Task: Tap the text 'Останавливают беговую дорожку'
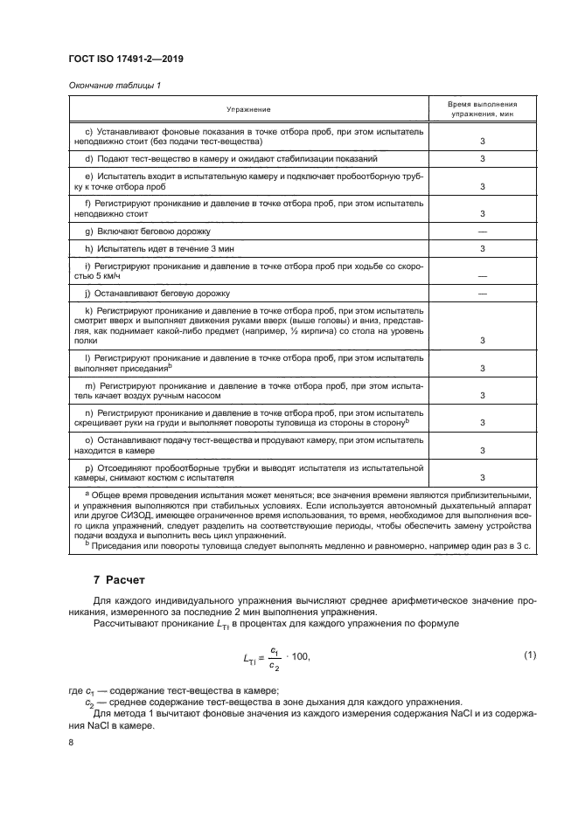point(163,294)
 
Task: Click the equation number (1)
point(528,654)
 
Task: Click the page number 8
point(71,741)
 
